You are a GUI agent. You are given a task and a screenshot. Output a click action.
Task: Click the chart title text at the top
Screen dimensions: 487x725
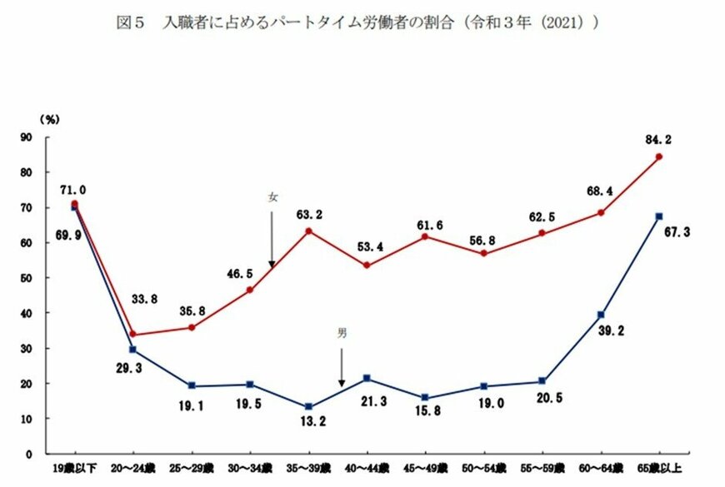click(357, 22)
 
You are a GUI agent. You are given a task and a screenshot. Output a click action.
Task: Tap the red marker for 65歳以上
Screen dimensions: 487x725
click(659, 157)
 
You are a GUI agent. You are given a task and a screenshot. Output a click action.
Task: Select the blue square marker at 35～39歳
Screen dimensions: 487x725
click(308, 407)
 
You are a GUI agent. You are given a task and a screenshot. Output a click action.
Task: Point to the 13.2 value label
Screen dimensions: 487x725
click(308, 425)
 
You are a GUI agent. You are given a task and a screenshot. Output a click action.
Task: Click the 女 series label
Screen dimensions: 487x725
click(272, 198)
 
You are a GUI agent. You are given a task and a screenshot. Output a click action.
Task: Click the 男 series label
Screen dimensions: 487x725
click(342, 333)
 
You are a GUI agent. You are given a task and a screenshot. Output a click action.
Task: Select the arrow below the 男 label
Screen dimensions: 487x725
click(342, 367)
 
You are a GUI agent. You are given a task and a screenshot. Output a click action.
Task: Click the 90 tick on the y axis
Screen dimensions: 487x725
click(27, 137)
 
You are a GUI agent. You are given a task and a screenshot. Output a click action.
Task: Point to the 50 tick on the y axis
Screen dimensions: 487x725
click(27, 278)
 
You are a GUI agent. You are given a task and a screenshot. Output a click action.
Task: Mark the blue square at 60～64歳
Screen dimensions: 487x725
click(601, 315)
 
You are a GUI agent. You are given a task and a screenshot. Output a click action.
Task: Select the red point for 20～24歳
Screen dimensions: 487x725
click(132, 335)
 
